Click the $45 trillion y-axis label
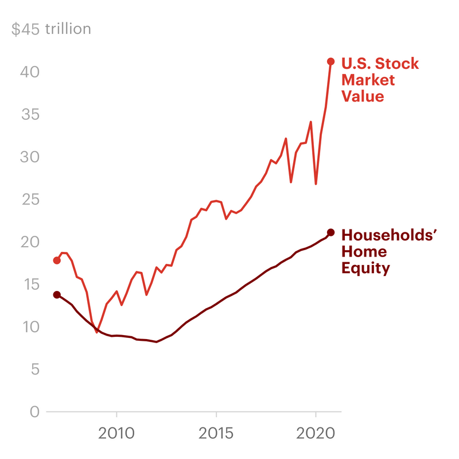pyautogui.click(x=51, y=29)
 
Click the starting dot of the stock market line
pyautogui.click(x=57, y=260)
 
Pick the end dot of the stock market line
pyautogui.click(x=330, y=61)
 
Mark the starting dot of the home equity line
pyautogui.click(x=57, y=295)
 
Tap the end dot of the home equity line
pyautogui.click(x=330, y=232)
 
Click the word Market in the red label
pyautogui.click(x=368, y=80)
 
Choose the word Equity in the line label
pyautogui.click(x=365, y=268)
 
